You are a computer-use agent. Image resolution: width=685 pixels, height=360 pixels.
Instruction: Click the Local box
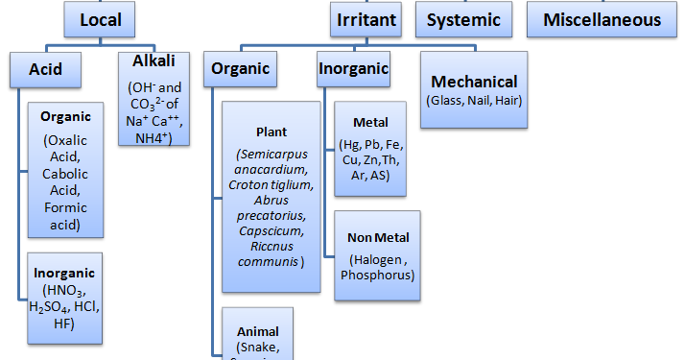101,18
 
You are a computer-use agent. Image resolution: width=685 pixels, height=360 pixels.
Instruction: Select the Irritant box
368,18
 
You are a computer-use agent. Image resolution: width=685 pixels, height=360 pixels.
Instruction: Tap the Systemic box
463,19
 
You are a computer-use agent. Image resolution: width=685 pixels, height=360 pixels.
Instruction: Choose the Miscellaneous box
602,19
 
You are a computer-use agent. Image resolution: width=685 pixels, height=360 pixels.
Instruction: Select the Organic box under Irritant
240,68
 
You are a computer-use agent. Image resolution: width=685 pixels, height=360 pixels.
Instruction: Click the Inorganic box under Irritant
353,68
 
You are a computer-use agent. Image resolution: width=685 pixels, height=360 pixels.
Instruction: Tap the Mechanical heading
474,82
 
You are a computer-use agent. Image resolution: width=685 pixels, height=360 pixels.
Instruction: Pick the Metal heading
370,123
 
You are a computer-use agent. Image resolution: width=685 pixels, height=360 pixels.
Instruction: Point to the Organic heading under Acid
65,116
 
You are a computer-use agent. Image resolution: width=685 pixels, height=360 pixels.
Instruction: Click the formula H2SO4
48,306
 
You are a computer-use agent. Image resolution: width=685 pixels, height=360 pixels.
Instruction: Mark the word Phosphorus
377,275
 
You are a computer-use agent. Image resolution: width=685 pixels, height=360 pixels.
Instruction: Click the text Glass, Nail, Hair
474,100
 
